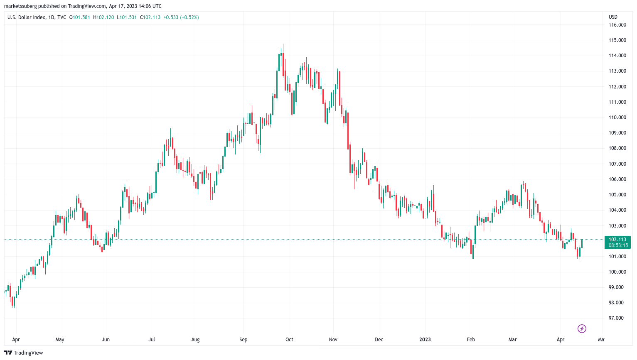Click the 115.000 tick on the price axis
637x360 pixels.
617,40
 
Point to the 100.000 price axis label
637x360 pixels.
617,272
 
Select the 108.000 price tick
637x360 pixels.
617,148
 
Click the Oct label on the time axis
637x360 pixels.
289,340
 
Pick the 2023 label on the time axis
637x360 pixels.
425,340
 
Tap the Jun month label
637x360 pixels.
106,340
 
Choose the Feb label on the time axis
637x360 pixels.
471,340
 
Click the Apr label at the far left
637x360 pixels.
16,340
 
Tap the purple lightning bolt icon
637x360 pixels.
582,329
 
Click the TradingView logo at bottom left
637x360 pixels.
24,353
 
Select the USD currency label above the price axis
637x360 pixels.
613,17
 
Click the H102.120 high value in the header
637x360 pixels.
103,17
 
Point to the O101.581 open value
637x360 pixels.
79,17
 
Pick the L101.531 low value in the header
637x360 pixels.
127,17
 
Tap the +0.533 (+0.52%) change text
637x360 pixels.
181,17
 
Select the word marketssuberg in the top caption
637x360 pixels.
20,6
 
